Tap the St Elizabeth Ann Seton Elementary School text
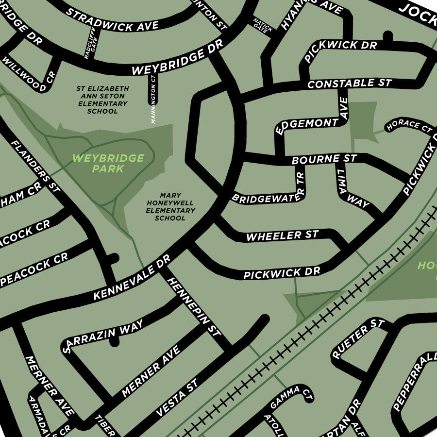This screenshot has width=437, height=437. tap(102, 100)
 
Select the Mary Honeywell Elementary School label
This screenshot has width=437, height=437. tap(170, 207)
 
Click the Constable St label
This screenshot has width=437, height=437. tap(350, 84)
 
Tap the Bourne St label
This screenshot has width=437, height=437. tap(324, 159)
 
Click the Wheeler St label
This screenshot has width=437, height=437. tap(282, 236)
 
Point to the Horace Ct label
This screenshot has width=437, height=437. tap(409, 125)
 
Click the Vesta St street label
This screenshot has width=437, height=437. tap(177, 398)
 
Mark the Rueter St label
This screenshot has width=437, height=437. tap(357, 338)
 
